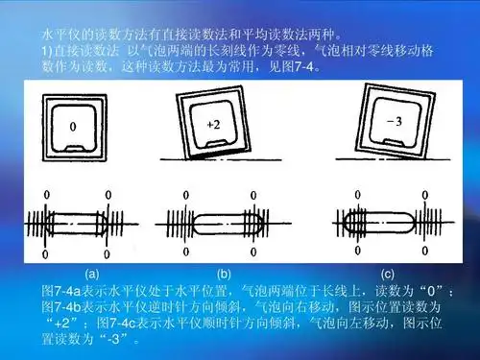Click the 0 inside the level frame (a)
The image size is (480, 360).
point(72,125)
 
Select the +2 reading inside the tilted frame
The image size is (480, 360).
point(214,124)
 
